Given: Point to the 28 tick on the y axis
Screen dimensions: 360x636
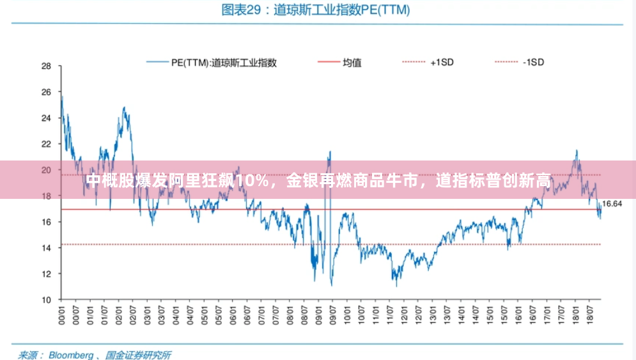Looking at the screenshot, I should pos(46,66).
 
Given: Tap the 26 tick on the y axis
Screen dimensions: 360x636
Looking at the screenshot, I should pos(46,92).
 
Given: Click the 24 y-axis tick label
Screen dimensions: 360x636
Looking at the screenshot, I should pos(46,118).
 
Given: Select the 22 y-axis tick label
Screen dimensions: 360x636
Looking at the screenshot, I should pos(46,144).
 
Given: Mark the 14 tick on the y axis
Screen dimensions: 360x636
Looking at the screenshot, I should pos(46,247).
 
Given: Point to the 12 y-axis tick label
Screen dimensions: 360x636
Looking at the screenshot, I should pos(46,274).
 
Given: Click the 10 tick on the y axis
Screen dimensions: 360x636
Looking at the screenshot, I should pos(46,299).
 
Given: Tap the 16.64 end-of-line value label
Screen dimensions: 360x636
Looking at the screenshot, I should pos(613,204).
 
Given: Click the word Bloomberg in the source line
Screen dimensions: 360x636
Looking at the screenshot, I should pos(71,354).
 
